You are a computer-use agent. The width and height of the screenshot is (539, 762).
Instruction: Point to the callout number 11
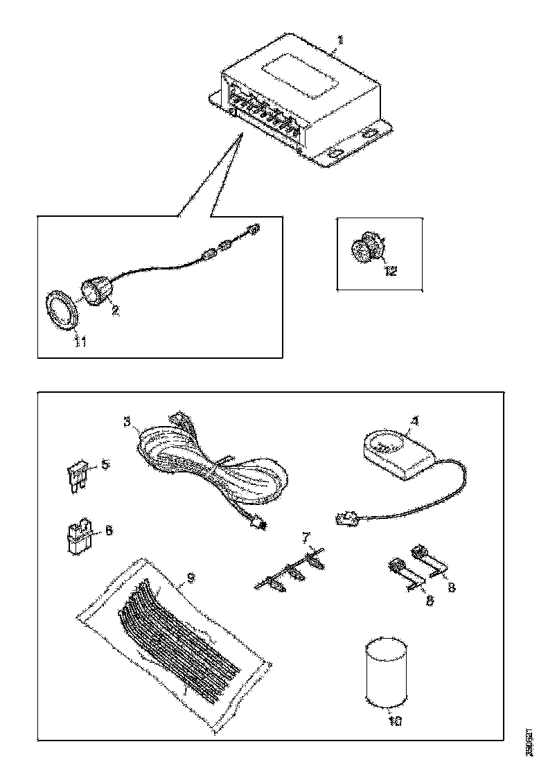[80, 342]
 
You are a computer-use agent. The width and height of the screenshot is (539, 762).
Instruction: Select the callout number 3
[127, 420]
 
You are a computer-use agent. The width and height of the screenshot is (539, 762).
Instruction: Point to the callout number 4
[414, 420]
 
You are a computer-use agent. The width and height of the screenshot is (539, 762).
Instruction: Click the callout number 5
[105, 464]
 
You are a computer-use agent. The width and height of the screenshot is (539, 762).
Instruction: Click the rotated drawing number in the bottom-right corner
[529, 742]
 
